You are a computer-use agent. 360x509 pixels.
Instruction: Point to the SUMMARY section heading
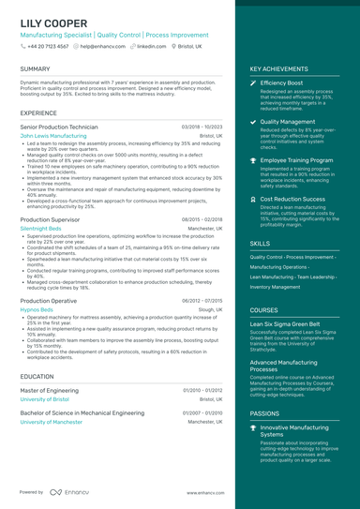click(35, 69)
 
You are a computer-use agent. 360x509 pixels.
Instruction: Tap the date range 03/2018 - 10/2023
click(202, 126)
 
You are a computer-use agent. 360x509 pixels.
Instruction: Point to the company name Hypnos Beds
click(37, 308)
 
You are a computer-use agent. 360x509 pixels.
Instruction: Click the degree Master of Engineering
click(55, 389)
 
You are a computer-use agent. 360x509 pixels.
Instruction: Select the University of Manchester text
click(51, 422)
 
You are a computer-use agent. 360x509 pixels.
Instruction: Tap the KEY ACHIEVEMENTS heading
click(278, 69)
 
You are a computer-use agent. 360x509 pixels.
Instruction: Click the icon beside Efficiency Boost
click(253, 82)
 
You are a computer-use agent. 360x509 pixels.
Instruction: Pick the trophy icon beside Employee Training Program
click(253, 160)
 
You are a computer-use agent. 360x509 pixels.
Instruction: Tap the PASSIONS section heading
click(264, 412)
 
